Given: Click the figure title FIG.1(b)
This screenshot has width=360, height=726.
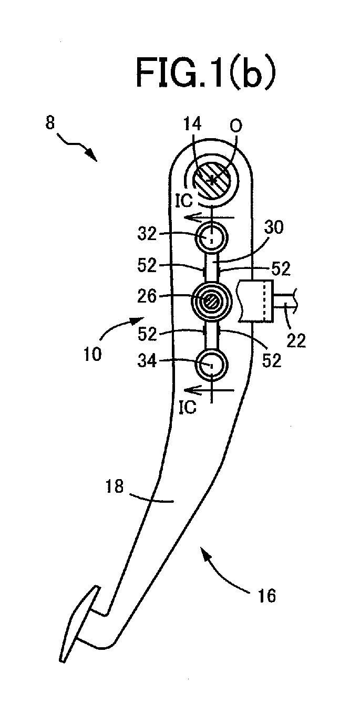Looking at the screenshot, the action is [206, 74].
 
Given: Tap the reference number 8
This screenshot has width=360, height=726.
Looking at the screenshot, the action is [49, 123].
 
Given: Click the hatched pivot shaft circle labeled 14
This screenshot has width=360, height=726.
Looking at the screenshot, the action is [211, 179].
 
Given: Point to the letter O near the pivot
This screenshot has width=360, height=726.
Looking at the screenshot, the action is [236, 126].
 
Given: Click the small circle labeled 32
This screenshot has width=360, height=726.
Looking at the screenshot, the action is [211, 238].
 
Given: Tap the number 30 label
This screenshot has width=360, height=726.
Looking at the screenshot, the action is [273, 228].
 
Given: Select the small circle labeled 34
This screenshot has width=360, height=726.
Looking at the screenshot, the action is [211, 365].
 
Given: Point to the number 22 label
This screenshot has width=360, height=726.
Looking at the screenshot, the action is [296, 341].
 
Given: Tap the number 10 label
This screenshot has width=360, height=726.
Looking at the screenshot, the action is [92, 354].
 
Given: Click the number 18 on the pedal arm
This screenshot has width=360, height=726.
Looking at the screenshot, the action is [115, 487].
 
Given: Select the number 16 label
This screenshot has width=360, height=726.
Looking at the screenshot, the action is [266, 596].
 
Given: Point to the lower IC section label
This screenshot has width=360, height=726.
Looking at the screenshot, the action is [188, 408].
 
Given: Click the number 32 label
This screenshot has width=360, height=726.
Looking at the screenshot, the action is [147, 234].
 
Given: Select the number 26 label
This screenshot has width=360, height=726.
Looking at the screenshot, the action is [147, 297].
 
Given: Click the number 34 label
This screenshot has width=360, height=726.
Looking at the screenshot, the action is [147, 361].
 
